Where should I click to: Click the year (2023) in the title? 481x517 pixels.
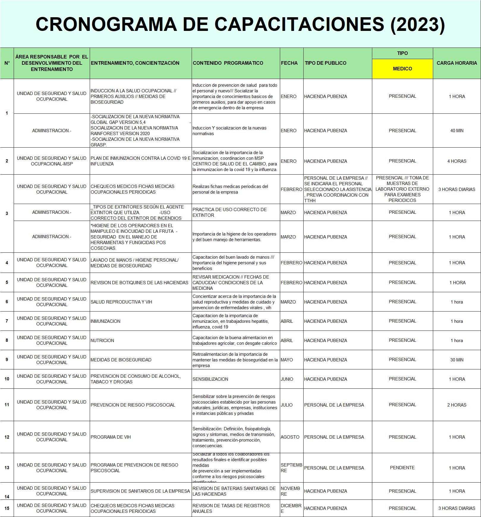(417, 24)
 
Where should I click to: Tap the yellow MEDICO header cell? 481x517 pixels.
(402, 69)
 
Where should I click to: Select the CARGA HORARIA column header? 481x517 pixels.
(457, 63)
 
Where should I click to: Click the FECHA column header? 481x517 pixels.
(289, 63)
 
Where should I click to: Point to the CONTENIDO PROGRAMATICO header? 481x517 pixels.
(228, 63)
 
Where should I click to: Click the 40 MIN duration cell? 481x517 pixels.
(457, 131)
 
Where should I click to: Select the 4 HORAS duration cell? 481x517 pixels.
(457, 161)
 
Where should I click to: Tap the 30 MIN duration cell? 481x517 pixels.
(457, 360)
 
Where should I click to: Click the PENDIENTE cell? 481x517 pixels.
(402, 468)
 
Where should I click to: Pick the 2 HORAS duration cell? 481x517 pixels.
(457, 405)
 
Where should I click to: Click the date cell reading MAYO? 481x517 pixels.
(287, 360)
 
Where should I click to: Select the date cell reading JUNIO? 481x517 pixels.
(287, 379)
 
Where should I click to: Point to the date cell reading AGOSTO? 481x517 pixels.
(290, 437)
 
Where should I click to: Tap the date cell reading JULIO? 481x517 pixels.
(287, 405)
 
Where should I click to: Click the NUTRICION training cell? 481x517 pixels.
(102, 341)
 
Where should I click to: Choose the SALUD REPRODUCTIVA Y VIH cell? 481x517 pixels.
(121, 302)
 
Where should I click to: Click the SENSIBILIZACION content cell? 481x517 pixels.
(210, 379)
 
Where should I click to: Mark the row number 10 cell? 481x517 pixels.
(7, 379)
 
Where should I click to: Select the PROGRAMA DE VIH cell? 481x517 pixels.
(111, 437)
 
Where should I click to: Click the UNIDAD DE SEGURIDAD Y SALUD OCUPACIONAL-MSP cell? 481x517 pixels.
(52, 161)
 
